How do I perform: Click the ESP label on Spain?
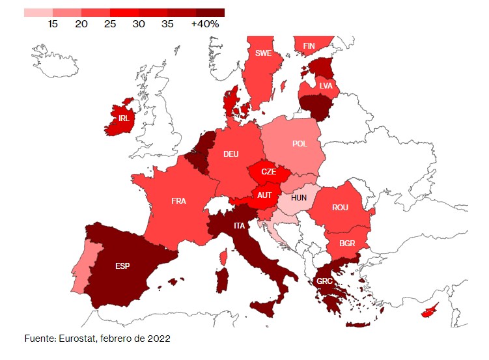[122, 266]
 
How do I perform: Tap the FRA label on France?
[178, 201]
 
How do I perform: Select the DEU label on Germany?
[231, 154]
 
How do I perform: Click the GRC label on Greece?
[325, 282]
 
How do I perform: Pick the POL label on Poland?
[300, 144]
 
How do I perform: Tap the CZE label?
[268, 172]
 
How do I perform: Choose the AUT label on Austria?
[264, 195]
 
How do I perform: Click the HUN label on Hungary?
[299, 197]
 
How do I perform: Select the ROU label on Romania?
[340, 208]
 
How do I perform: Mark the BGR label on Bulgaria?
[348, 243]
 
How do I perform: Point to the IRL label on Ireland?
[124, 118]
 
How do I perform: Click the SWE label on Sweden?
[264, 53]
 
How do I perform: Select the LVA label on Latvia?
[326, 85]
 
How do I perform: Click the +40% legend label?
[205, 24]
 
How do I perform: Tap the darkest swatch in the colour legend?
[210, 12]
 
